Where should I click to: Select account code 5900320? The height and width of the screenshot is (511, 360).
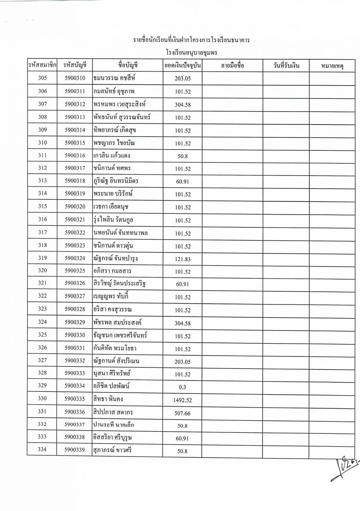click(75, 207)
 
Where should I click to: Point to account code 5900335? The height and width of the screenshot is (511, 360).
click(75, 399)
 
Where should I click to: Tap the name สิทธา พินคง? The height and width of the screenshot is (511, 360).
click(108, 399)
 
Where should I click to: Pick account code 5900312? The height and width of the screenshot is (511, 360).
click(75, 104)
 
